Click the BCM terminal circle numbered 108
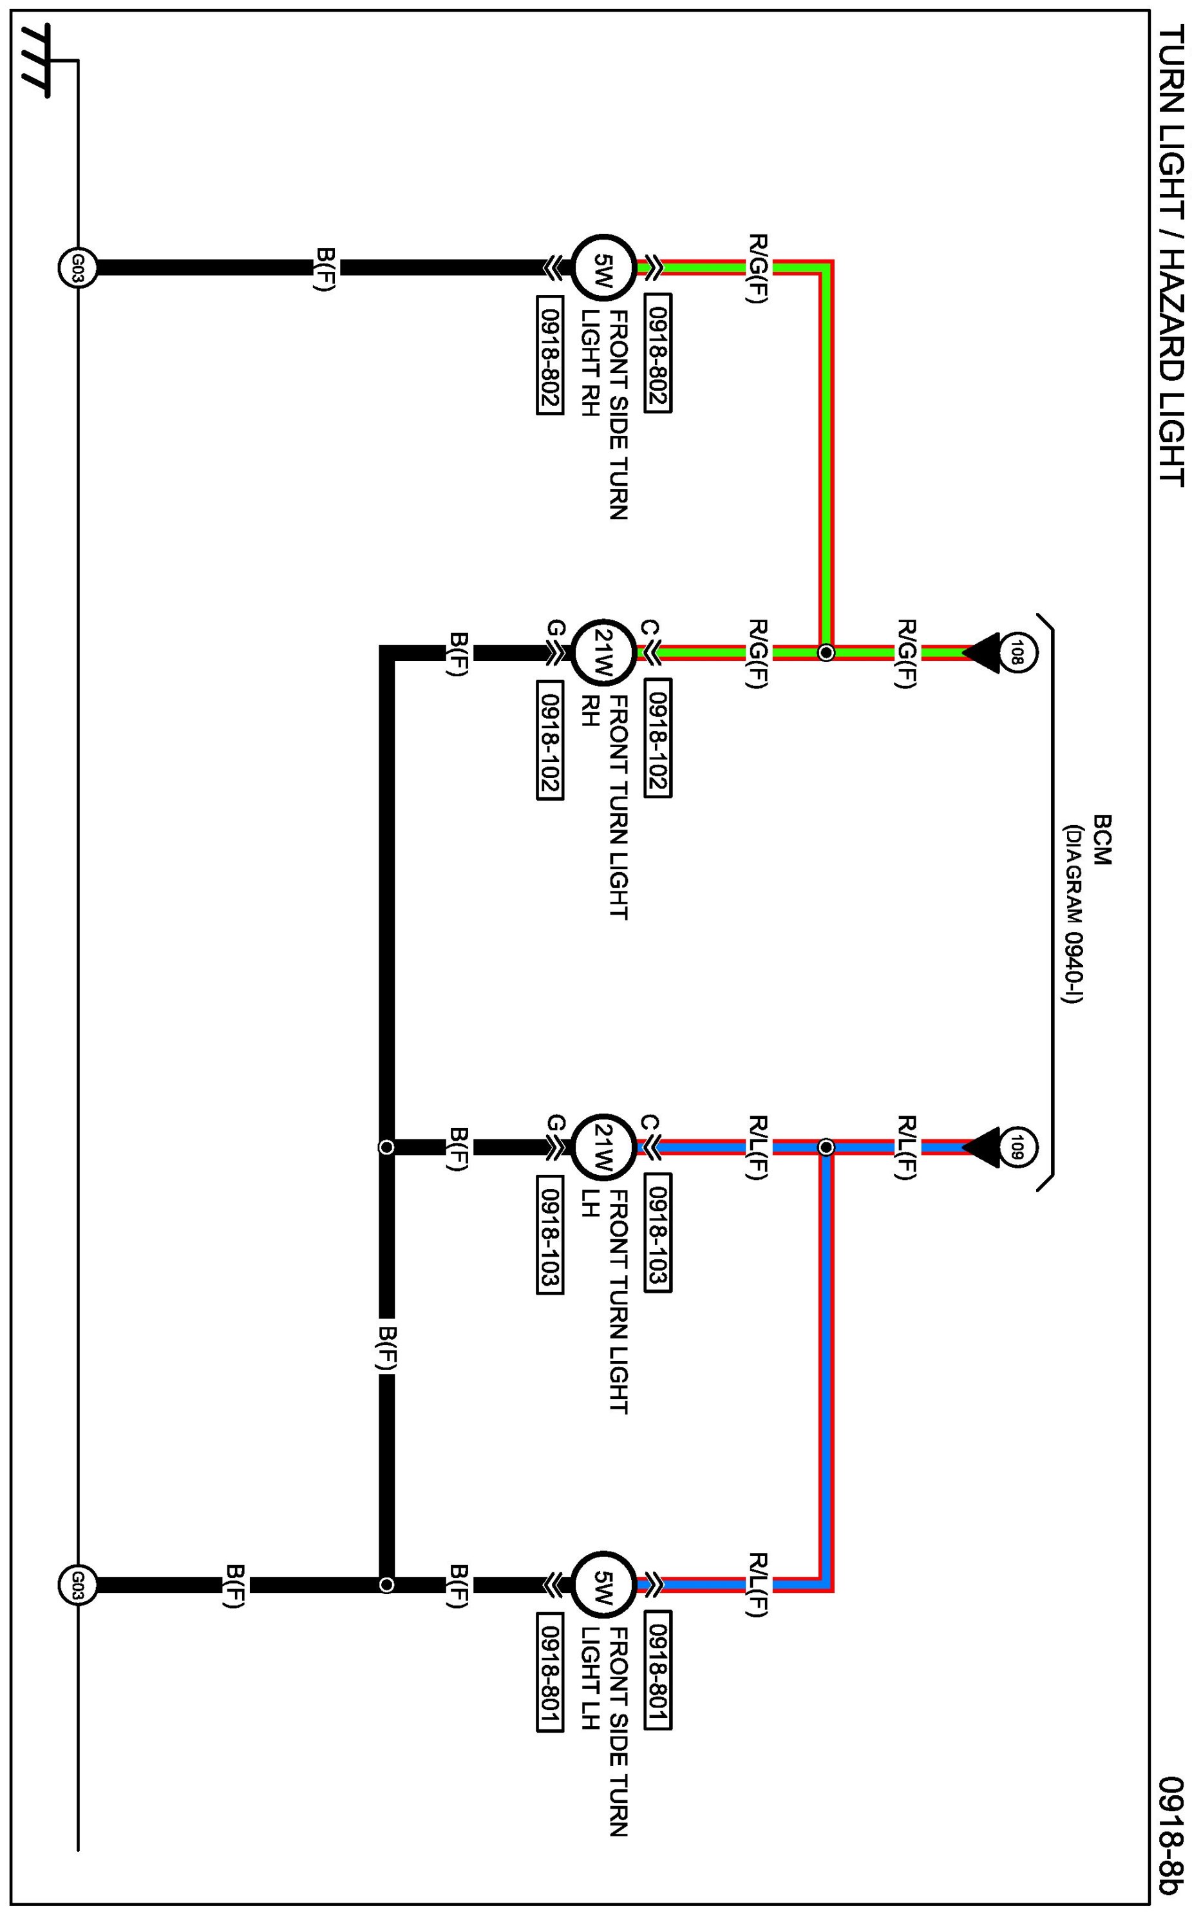click(x=1017, y=653)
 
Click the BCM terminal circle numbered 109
click(x=1017, y=1147)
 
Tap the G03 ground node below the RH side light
click(x=77, y=268)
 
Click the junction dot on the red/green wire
click(x=826, y=653)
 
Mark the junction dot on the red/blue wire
click(x=826, y=1147)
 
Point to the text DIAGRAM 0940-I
click(x=1072, y=915)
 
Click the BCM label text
click(x=1102, y=840)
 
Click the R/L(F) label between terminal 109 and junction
click(x=907, y=1147)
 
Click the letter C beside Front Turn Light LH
click(x=648, y=1122)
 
